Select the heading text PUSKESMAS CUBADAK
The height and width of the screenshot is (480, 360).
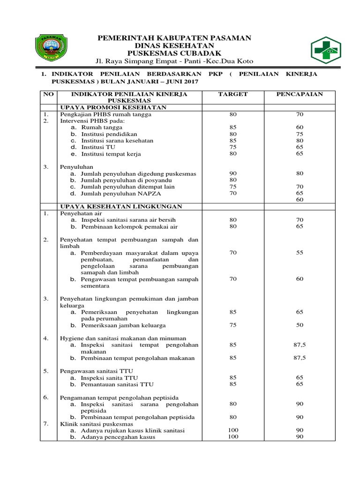click(174, 53)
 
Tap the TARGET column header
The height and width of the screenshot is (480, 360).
click(233, 94)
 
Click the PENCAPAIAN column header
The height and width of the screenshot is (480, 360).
click(300, 94)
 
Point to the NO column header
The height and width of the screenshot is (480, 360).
click(48, 94)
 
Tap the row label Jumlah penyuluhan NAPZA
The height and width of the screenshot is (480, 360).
click(115, 193)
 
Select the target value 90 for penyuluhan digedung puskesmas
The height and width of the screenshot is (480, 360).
click(233, 173)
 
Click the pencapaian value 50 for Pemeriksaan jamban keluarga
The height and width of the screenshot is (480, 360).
click(300, 325)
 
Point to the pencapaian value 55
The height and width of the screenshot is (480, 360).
click(300, 253)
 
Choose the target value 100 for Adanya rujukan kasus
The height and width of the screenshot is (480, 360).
click(233, 430)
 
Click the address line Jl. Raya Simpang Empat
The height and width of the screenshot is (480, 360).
click(174, 62)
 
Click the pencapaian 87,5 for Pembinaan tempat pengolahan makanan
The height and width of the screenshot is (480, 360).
click(300, 358)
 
